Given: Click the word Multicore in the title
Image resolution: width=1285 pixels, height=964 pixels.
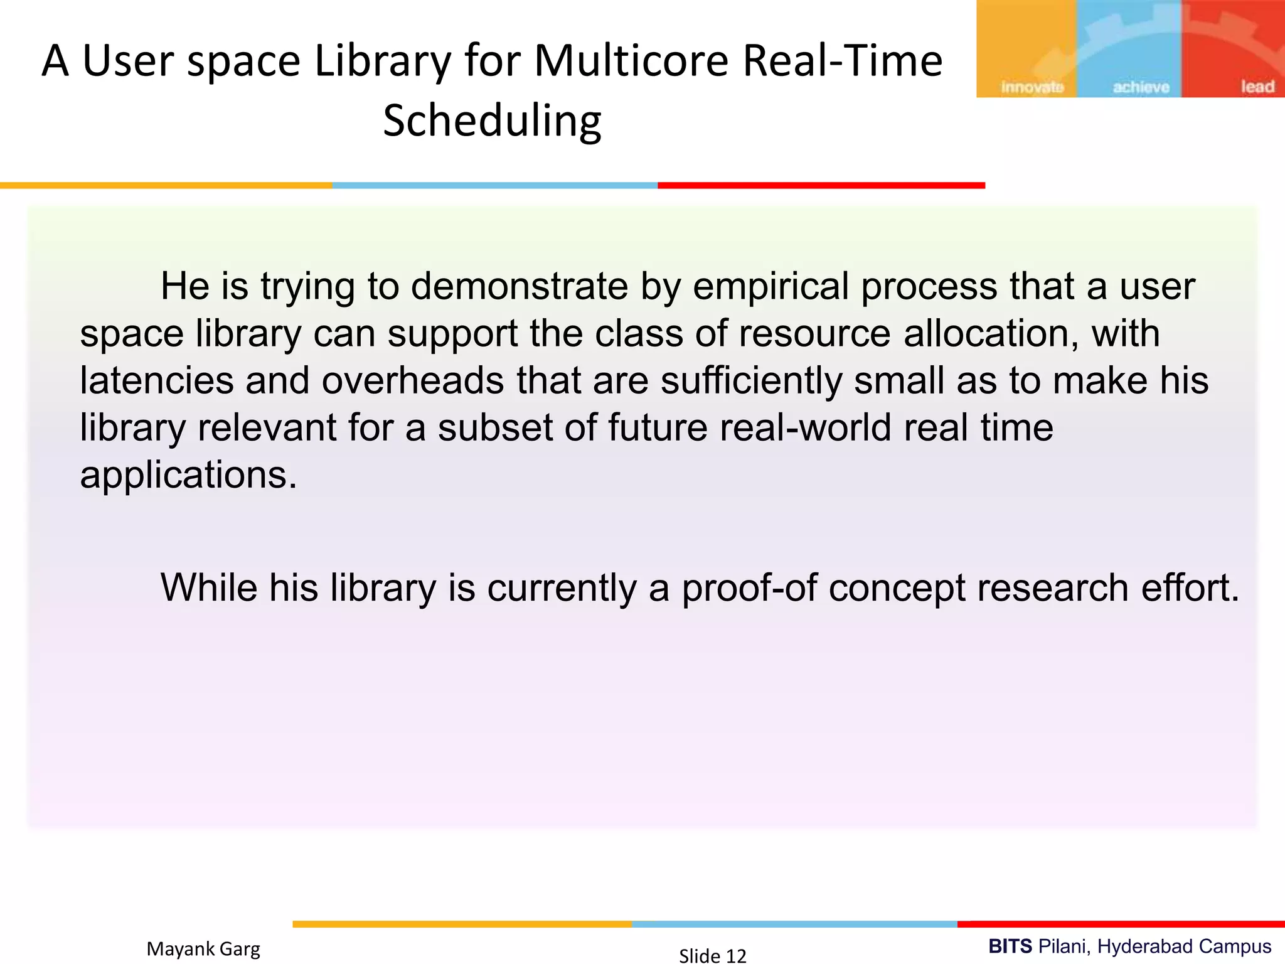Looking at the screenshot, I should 631,62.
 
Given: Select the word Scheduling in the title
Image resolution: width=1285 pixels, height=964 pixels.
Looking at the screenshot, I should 492,121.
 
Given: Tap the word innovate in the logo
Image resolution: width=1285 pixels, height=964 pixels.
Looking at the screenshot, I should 1032,87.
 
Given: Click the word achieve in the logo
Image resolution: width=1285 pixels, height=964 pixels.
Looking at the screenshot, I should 1141,87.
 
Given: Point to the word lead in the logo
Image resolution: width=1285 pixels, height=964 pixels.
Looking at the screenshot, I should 1257,87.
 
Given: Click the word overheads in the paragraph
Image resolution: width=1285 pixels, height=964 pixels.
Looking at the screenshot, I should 413,381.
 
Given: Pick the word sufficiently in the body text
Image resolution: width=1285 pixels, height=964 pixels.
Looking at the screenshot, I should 750,381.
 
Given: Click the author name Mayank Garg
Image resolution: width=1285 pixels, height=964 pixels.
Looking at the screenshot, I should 203,949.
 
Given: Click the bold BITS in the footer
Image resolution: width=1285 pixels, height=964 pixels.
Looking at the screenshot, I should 1010,946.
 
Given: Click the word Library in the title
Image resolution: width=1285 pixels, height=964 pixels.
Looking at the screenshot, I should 381,62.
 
